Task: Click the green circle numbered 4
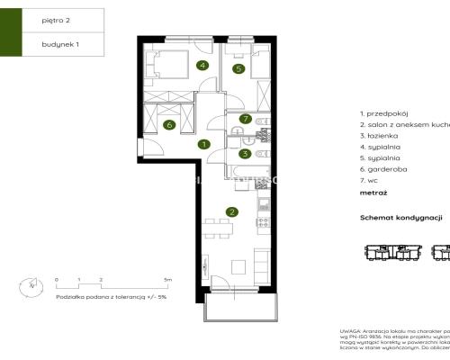click(x=203, y=65)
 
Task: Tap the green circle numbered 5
click(x=238, y=67)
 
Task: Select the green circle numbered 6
click(x=169, y=125)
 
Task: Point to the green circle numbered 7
click(x=244, y=119)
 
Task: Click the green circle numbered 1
click(x=204, y=144)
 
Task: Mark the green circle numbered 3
click(x=244, y=154)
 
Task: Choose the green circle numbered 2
click(x=232, y=211)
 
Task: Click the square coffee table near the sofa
click(x=238, y=266)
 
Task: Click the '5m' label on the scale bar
click(x=167, y=280)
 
